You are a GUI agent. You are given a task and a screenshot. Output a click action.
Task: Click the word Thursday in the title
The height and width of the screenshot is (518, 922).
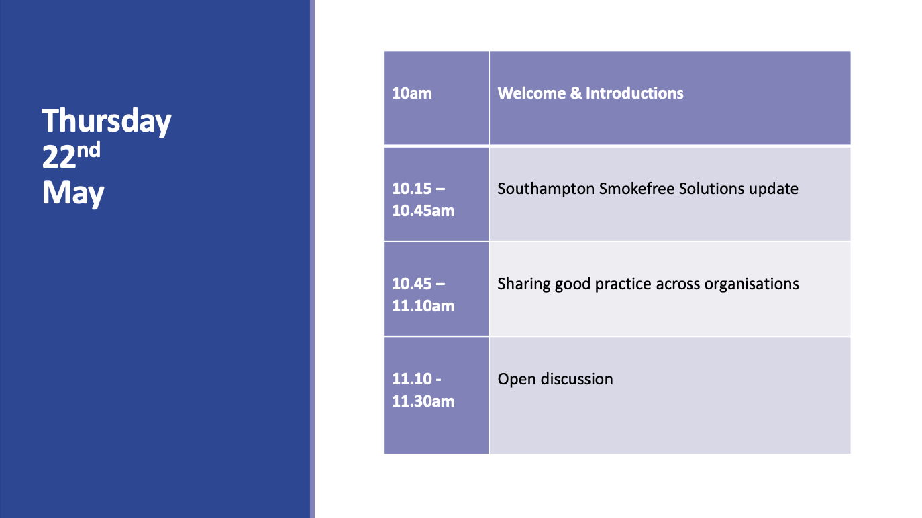pos(107,121)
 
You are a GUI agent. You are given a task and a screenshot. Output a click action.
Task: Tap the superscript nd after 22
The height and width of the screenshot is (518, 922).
pos(89,150)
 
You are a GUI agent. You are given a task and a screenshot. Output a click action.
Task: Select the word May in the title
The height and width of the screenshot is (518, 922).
pos(73,193)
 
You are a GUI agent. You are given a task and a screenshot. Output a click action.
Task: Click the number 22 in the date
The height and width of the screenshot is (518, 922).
pos(59,157)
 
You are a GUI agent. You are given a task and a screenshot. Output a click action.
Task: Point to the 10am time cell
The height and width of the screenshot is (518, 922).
pos(436,98)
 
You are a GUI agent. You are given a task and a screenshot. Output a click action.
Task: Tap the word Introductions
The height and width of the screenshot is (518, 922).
pos(634,93)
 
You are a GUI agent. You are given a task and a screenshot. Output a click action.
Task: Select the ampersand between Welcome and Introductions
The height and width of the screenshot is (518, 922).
pos(576,93)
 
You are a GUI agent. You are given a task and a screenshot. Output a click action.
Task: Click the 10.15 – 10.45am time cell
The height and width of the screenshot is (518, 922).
pos(436,194)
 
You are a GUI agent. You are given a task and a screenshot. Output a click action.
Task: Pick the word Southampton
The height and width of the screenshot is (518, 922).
pos(546,189)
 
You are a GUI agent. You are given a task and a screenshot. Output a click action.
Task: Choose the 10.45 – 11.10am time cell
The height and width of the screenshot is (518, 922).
pos(436,289)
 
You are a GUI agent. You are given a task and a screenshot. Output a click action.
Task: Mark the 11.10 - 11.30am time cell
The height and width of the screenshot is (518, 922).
pos(436,395)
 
